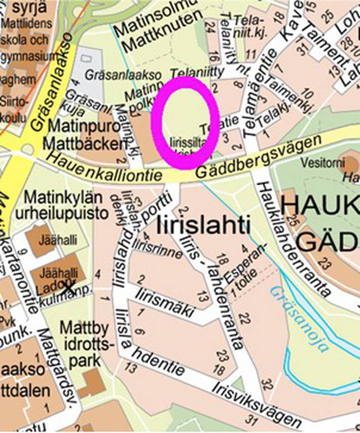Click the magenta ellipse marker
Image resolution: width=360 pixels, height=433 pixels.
coord(185,123)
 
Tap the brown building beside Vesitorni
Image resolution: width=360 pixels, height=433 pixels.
coord(350,163)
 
